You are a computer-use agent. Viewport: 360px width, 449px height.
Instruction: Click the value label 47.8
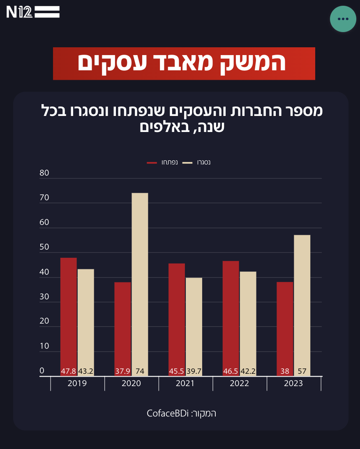coord(69,371)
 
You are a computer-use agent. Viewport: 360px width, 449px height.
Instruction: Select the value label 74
coord(140,371)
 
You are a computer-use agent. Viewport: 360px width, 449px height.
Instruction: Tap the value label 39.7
coord(194,371)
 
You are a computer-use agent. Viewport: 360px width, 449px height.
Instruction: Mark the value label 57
coord(302,371)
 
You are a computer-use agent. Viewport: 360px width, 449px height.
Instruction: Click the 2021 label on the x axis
coord(185,384)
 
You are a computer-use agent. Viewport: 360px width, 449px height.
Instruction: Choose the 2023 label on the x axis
coord(293,384)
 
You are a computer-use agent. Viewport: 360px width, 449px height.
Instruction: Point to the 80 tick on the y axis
coord(44,173)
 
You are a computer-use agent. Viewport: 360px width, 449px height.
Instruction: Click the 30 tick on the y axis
coord(44,297)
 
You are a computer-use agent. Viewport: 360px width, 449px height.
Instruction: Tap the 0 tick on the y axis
coord(42,371)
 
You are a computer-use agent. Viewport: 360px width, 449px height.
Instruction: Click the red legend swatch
coord(152,163)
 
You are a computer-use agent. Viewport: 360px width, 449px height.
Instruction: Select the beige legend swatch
coord(187,163)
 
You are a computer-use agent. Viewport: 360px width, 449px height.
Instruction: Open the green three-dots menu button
coord(343,19)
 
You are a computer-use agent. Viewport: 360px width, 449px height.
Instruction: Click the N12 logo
coord(33,12)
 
